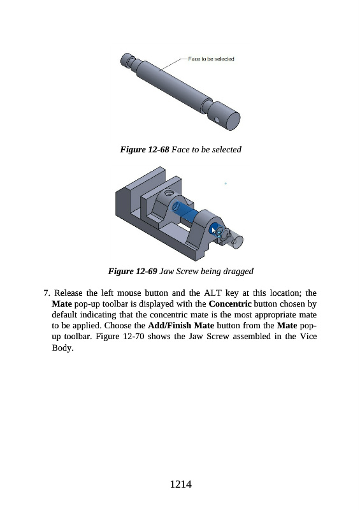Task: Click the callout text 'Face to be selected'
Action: click(x=211, y=59)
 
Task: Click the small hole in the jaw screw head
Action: click(x=217, y=120)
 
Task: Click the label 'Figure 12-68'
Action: click(x=145, y=149)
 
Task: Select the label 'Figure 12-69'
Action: click(x=133, y=272)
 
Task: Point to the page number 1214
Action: click(x=180, y=484)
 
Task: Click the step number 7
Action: click(x=47, y=293)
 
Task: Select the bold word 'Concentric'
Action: click(x=230, y=304)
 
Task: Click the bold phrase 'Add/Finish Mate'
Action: click(x=181, y=326)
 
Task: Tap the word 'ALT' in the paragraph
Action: click(x=213, y=293)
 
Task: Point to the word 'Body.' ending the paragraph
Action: click(x=63, y=347)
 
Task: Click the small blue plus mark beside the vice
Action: click(x=226, y=184)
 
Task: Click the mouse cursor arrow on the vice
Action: click(x=213, y=231)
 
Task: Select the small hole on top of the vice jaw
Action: click(x=168, y=193)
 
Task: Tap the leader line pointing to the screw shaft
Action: click(x=173, y=64)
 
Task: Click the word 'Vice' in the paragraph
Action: click(x=308, y=337)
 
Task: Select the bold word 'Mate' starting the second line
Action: click(x=62, y=304)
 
